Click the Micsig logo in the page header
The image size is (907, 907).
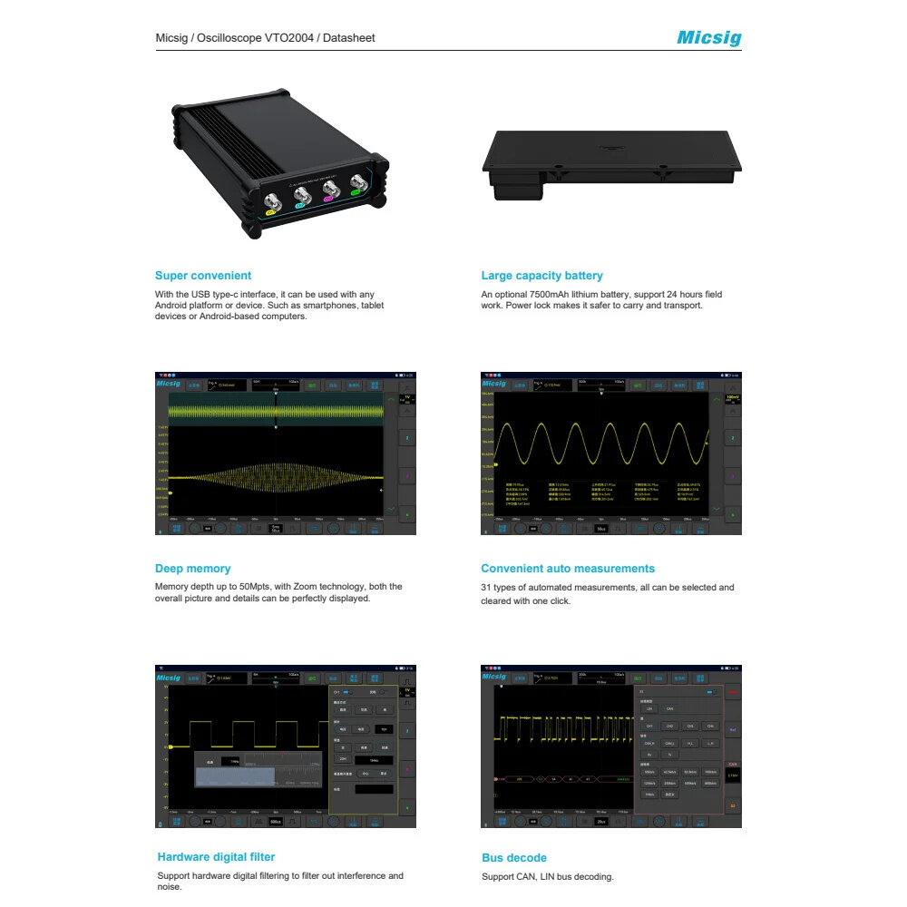coord(708,38)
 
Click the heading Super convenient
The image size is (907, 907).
coord(203,276)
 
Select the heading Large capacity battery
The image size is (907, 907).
coord(541,276)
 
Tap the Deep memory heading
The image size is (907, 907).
coord(192,569)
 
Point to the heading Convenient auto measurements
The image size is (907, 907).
coord(568,569)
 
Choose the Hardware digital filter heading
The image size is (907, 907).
coord(216,857)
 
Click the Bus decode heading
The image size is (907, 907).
coord(514,858)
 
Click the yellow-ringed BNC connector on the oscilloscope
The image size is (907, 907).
coord(270,202)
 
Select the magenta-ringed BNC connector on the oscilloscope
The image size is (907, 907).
coord(330,189)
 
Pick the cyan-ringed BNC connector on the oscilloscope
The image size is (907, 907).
coord(300,195)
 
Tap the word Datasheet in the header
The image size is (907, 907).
coord(351,38)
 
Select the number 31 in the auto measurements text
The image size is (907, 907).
coord(486,588)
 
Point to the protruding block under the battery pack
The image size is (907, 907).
coord(518,188)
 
